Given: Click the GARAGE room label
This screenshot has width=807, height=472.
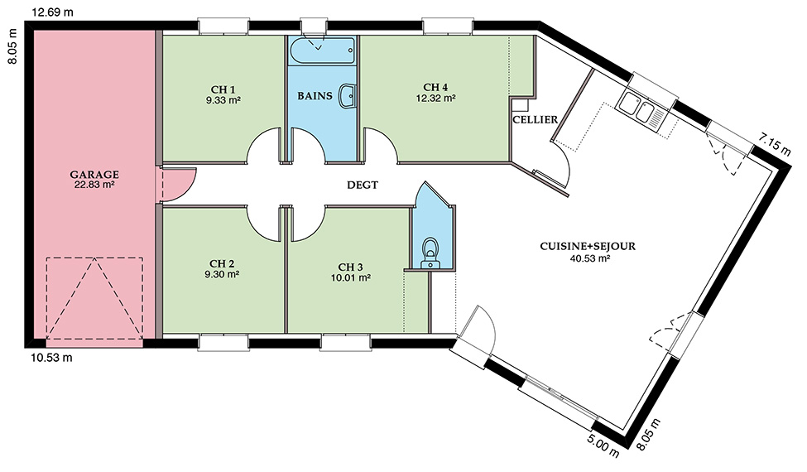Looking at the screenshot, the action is tap(94, 175).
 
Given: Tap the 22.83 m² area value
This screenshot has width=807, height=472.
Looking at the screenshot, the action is tap(94, 185).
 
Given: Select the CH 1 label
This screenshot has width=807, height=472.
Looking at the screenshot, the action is tap(223, 89).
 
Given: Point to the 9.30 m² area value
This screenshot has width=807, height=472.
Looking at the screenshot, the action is tap(222, 274).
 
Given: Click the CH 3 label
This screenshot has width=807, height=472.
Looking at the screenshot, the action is tap(350, 267).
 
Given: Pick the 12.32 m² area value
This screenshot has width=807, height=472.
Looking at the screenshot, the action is tap(435, 97).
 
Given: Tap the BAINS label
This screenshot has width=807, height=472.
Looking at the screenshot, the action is tap(315, 96).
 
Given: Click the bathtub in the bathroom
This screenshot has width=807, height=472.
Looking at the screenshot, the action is tap(322, 51).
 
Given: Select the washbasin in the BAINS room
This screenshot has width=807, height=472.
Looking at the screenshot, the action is tap(348, 96).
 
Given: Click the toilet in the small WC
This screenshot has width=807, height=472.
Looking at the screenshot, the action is tap(430, 253).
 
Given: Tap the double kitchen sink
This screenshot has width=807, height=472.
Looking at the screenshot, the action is tap(641, 107).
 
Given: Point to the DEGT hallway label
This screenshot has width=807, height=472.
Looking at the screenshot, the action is tap(363, 185).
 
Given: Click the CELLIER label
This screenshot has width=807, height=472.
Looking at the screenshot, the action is tap(536, 120).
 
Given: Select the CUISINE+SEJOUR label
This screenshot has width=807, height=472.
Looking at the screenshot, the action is tap(588, 246).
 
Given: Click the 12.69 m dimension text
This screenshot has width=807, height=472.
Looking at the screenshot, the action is tap(52, 12).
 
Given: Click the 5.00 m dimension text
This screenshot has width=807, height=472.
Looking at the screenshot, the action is tap(603, 444).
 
